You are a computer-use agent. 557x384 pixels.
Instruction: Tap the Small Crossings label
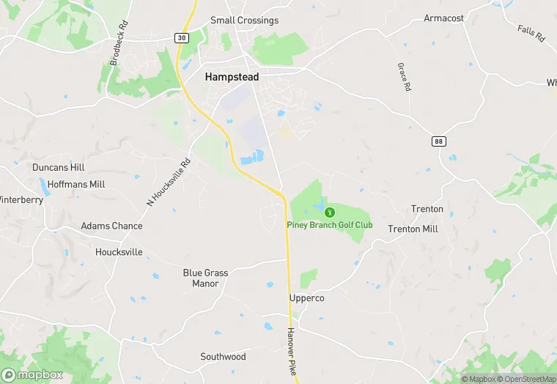[x=244, y=21]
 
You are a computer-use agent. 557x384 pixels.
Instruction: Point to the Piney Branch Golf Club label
[x=329, y=225]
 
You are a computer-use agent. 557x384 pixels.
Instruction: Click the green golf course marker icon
[x=329, y=213]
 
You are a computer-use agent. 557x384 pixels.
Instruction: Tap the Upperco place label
[x=306, y=299]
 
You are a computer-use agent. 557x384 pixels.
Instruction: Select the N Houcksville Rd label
[x=169, y=182]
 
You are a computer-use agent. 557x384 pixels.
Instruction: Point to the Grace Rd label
[x=403, y=77]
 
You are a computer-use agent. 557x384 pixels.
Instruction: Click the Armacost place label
[x=444, y=18]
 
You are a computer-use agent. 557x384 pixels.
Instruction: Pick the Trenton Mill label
[x=413, y=229]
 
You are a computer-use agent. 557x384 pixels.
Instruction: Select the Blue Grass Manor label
[x=205, y=278]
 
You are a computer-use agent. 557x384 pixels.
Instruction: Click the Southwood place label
[x=223, y=357]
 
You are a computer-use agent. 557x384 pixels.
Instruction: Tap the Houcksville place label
[x=119, y=252]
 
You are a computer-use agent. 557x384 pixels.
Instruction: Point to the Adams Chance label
[x=111, y=226]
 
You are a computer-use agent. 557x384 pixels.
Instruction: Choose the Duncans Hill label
[x=59, y=168]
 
